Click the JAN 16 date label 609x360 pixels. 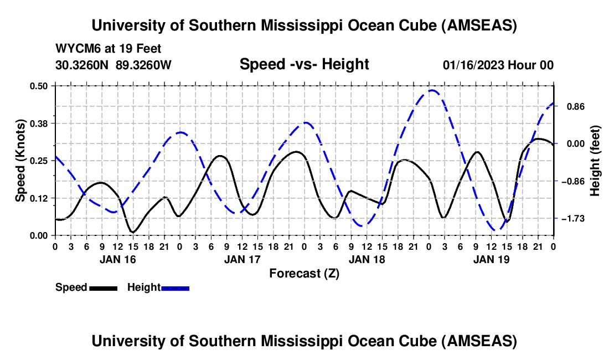click(117, 259)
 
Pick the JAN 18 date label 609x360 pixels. click(367, 259)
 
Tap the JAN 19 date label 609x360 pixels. click(491, 259)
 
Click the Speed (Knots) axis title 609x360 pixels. click(20, 161)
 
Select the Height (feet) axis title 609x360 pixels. click(595, 161)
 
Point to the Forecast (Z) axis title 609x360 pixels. click(304, 273)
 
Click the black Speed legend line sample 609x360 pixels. click(103, 287)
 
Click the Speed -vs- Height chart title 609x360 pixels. click(304, 64)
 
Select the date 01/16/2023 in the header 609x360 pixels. click(473, 65)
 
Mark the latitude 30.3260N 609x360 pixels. click(83, 65)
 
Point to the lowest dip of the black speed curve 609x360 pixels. click(133, 232)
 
